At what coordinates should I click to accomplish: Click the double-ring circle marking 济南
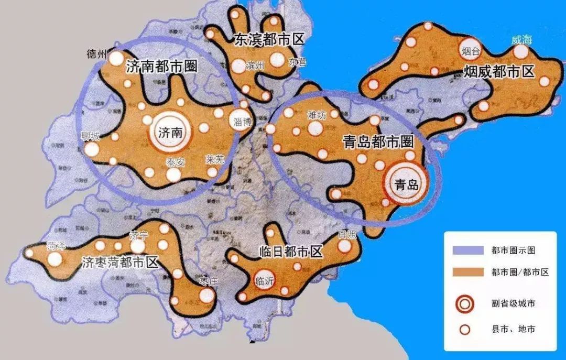click(170, 133)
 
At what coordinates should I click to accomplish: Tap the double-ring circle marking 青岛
click(406, 184)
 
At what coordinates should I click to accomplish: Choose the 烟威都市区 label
click(498, 72)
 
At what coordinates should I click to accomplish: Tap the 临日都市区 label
click(290, 252)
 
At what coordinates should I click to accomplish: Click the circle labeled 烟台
click(471, 50)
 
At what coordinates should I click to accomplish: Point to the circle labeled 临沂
click(263, 281)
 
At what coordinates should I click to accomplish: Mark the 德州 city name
click(97, 54)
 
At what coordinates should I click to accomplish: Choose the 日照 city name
click(347, 234)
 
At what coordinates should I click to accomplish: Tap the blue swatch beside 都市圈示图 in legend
click(465, 250)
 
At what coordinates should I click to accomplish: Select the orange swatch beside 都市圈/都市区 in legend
click(465, 271)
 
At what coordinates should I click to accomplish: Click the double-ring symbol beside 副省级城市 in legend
click(465, 304)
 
